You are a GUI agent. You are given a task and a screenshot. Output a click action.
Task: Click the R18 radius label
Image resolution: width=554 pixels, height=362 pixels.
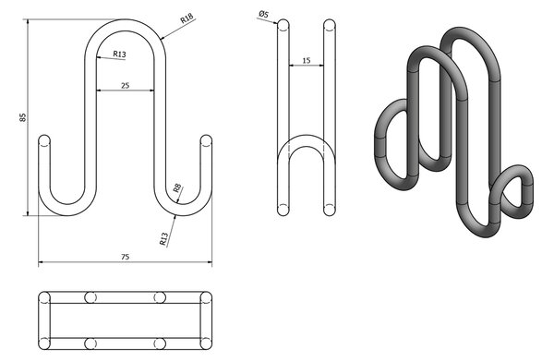click(187, 18)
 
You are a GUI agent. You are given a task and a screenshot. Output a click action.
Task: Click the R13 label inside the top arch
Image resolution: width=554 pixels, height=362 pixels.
click(119, 54)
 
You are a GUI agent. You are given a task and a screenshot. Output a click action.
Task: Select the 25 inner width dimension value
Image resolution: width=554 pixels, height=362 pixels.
click(125, 86)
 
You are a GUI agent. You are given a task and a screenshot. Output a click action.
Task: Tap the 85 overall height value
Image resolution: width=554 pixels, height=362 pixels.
click(23, 117)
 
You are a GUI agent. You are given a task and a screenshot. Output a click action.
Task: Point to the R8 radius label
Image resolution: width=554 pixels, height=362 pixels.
click(177, 188)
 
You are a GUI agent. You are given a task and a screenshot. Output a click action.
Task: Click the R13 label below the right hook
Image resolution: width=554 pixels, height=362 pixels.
click(163, 239)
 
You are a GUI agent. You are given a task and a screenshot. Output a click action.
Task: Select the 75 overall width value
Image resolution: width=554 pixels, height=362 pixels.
click(125, 257)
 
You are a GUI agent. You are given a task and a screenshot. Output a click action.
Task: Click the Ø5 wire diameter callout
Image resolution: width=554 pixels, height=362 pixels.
click(263, 15)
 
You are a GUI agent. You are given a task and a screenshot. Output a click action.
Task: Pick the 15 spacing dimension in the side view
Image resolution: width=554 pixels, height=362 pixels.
click(307, 60)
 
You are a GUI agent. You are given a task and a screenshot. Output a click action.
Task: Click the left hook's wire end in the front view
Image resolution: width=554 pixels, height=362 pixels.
click(44, 140)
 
